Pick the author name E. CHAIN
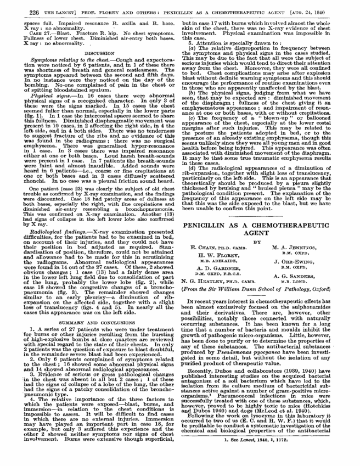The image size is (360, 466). coord(215,233)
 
